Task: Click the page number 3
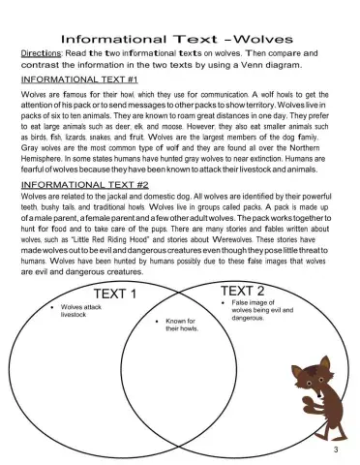335,451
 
